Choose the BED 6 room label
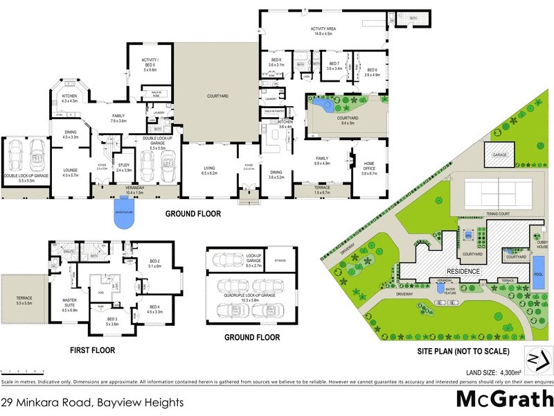tap(372, 71)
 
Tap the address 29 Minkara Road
tap(92, 401)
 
